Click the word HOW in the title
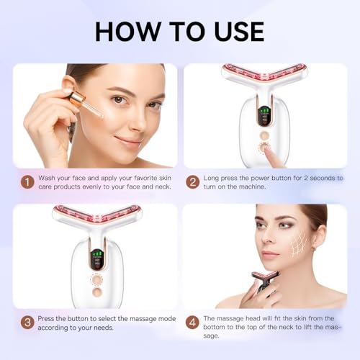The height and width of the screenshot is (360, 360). (x=127, y=32)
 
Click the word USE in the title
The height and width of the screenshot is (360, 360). (x=239, y=32)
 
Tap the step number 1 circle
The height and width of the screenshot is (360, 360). (x=27, y=182)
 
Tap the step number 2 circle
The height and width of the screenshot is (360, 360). (x=193, y=182)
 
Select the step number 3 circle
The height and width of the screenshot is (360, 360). (x=27, y=323)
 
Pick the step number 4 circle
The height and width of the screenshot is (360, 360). (x=192, y=323)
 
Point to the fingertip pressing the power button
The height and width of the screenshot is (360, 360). (x=267, y=150)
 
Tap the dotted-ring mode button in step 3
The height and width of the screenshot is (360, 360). (x=96, y=279)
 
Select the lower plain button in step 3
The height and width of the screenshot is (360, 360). (x=97, y=292)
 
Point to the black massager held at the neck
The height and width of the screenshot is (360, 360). (x=264, y=279)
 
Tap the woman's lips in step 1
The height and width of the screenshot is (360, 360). (x=127, y=141)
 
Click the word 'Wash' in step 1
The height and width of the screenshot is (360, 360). (x=47, y=178)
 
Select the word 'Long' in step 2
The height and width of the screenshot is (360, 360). (x=211, y=179)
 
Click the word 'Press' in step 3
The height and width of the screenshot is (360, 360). (x=46, y=319)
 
